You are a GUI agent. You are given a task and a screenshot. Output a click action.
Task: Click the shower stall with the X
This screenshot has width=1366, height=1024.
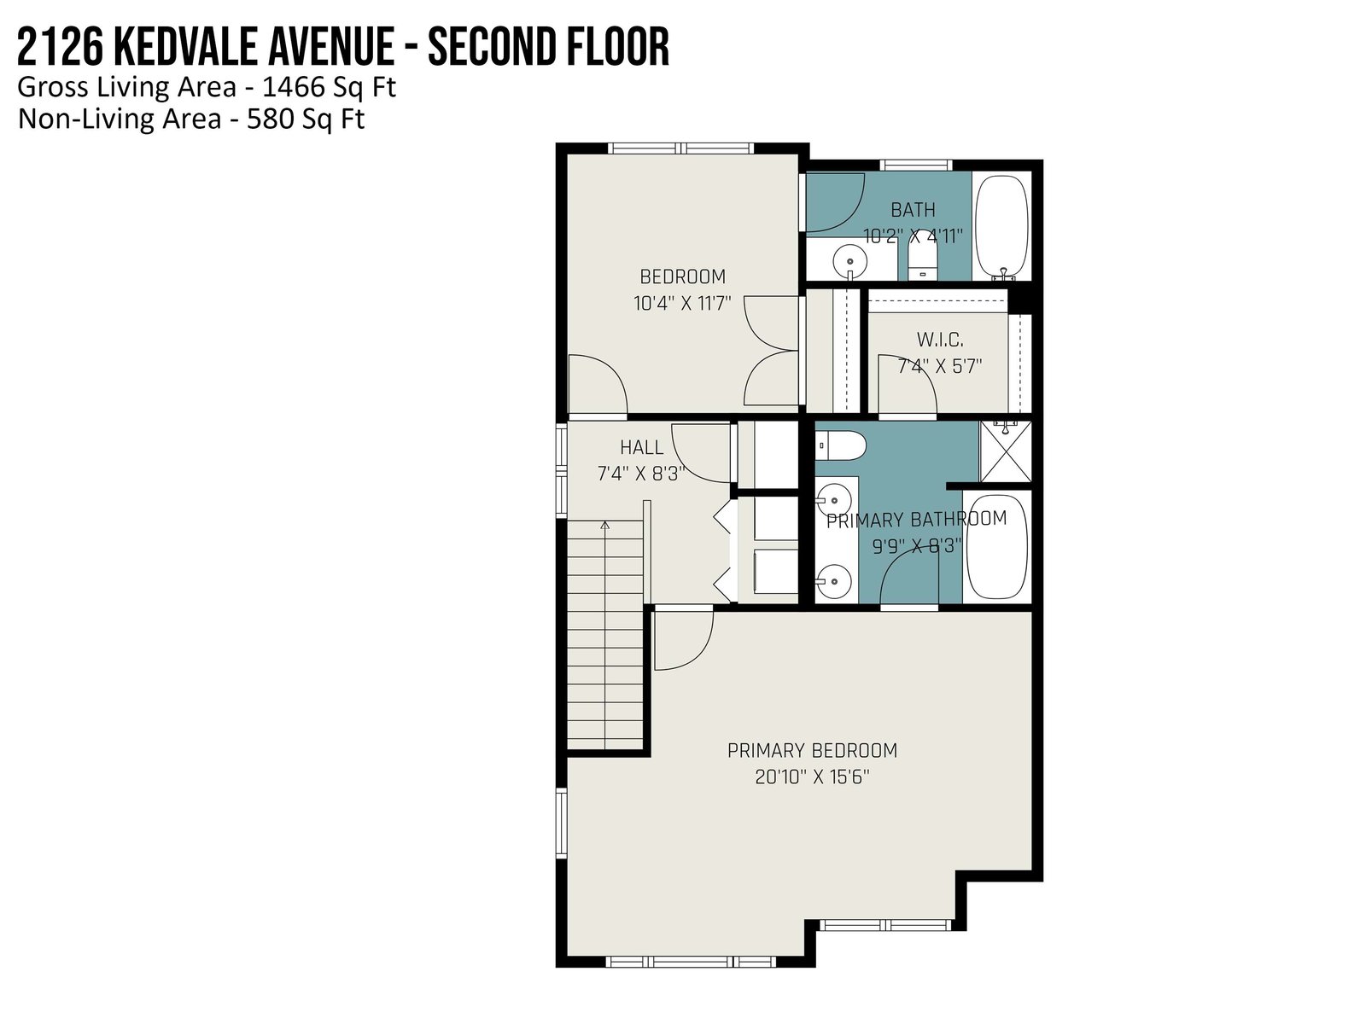[1005, 452]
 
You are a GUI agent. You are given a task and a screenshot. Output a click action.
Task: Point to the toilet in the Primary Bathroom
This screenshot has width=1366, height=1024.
[841, 445]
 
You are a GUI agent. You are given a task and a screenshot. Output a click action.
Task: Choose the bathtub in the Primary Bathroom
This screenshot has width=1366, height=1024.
[997, 547]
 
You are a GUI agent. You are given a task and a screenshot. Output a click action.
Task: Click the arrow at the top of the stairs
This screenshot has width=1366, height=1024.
[604, 526]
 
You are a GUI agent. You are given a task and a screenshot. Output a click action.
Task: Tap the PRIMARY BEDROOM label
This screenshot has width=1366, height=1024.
[812, 751]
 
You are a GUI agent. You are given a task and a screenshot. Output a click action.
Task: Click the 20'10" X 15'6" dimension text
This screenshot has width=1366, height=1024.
[812, 777]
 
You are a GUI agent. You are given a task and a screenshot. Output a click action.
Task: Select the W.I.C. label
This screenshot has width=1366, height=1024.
[940, 340]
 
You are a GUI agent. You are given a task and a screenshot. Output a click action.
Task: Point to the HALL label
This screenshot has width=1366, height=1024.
[642, 448]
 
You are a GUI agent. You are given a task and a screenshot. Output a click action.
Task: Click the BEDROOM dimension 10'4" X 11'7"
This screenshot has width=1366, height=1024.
[682, 304]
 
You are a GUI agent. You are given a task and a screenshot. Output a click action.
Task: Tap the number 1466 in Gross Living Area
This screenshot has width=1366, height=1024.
[293, 87]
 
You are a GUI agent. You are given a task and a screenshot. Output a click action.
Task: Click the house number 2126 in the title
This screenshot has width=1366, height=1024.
[60, 47]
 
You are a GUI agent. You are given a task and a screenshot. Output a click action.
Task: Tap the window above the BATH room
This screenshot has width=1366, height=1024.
[915, 165]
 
